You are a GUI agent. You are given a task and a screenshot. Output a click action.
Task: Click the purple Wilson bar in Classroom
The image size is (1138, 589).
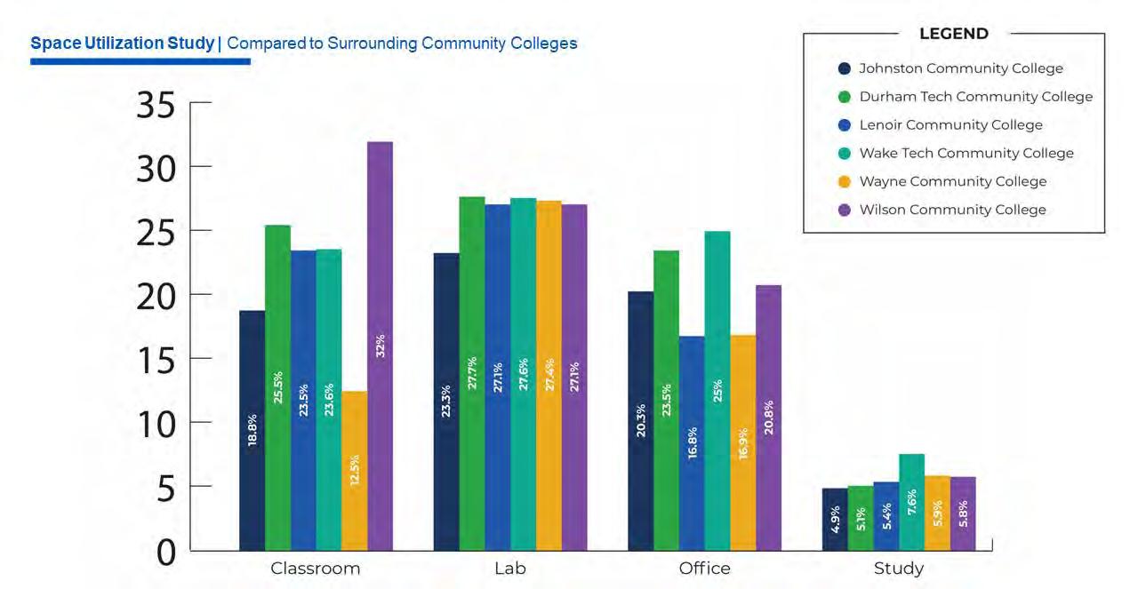pos(380,346)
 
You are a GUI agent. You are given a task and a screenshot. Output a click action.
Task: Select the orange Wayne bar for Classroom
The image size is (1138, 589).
pos(354,471)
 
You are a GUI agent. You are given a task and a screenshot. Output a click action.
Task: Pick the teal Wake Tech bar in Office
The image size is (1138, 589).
pos(717,391)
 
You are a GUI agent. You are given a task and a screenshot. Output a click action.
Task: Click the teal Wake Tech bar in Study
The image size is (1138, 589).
pos(911,502)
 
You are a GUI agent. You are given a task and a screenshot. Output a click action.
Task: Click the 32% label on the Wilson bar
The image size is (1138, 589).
pos(381,346)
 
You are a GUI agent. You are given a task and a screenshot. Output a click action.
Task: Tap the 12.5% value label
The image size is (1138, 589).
pos(355,470)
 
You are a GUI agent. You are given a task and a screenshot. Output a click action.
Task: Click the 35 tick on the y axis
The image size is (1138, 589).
pos(156,105)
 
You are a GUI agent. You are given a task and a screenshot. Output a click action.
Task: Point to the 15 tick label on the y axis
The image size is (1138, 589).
pos(156,359)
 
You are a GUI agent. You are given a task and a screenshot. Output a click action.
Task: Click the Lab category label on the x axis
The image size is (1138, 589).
pos(510,569)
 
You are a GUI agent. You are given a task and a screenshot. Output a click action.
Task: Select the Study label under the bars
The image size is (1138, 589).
pos(899,569)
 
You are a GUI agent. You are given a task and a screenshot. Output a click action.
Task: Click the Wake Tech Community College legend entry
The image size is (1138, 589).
pos(966,153)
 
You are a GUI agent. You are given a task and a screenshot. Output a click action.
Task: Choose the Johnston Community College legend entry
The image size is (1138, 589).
pos(960,68)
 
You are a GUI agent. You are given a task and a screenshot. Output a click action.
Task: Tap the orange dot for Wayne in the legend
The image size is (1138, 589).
pos(845,181)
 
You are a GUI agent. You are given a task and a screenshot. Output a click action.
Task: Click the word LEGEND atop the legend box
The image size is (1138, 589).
pos(953,34)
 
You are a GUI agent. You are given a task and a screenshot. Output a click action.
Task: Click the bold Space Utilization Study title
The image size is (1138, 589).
pos(122,43)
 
